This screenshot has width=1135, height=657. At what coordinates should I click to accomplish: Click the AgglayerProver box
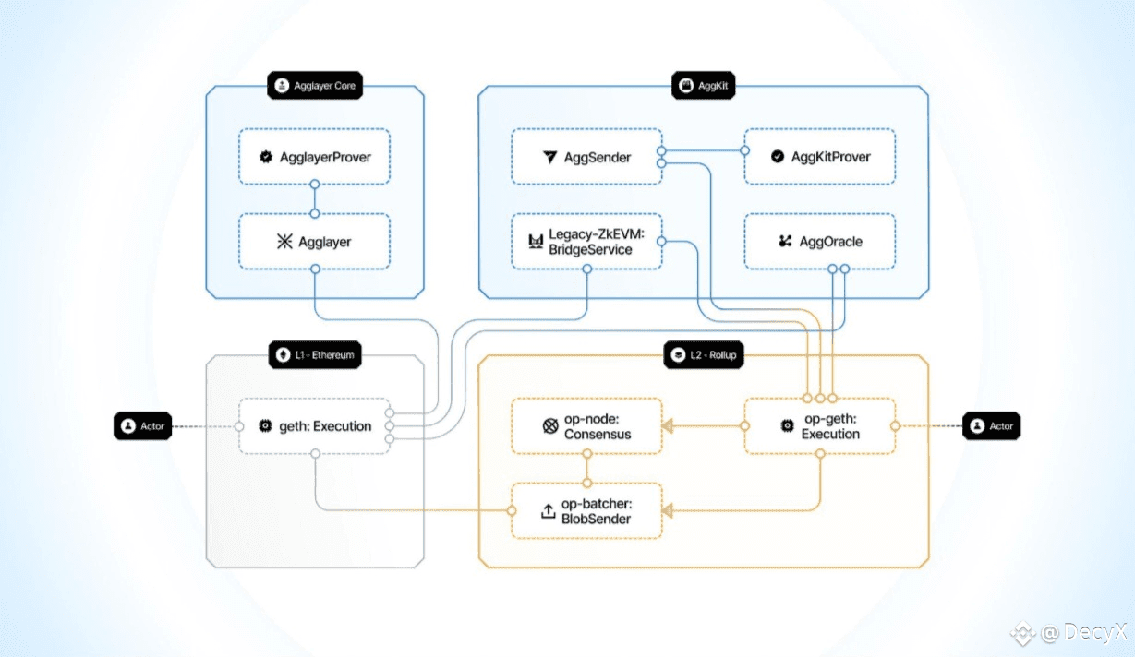point(315,157)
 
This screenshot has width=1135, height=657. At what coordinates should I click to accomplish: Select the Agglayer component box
point(315,242)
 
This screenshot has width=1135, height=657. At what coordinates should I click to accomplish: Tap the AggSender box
point(586,157)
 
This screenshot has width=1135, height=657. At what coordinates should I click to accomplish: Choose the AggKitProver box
point(820,157)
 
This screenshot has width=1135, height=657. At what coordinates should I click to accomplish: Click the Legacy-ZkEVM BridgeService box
point(586,242)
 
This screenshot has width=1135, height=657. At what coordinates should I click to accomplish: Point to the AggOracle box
point(820,242)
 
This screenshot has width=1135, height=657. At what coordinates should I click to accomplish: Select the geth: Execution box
point(315,426)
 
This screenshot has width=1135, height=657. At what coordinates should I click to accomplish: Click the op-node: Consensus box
point(586,426)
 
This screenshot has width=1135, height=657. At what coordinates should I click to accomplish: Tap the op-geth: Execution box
point(820,426)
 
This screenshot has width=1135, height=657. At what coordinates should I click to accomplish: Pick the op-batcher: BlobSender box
point(586,510)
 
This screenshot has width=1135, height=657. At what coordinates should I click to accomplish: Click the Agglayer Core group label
point(315,86)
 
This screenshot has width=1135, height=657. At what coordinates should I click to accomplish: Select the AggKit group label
point(704,86)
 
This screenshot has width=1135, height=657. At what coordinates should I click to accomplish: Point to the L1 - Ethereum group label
point(315,355)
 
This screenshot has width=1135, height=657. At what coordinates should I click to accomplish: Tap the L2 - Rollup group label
point(704,355)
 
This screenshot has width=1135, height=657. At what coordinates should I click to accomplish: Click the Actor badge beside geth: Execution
point(143,426)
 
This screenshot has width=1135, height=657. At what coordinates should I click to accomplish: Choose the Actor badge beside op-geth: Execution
point(992,426)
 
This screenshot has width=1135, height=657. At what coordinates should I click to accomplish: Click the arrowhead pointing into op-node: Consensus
point(668,426)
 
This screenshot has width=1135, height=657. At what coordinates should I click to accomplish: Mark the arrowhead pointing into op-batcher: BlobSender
point(668,510)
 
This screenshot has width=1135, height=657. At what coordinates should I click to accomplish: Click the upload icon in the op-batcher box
point(548,511)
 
